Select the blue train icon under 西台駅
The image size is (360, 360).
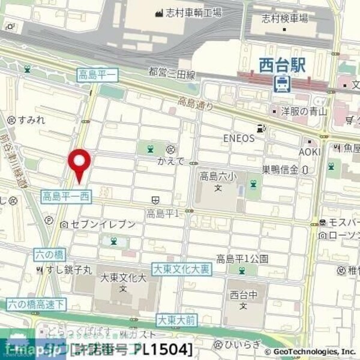click(281, 84)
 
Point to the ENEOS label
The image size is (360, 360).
click(239, 138)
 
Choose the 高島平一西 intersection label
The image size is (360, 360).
click(67, 196)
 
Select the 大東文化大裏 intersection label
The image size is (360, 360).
click(181, 269)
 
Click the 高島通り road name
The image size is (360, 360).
click(196, 104)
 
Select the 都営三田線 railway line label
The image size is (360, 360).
click(172, 73)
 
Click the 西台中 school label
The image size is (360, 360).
click(242, 295)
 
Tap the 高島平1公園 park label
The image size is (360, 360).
click(242, 259)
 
